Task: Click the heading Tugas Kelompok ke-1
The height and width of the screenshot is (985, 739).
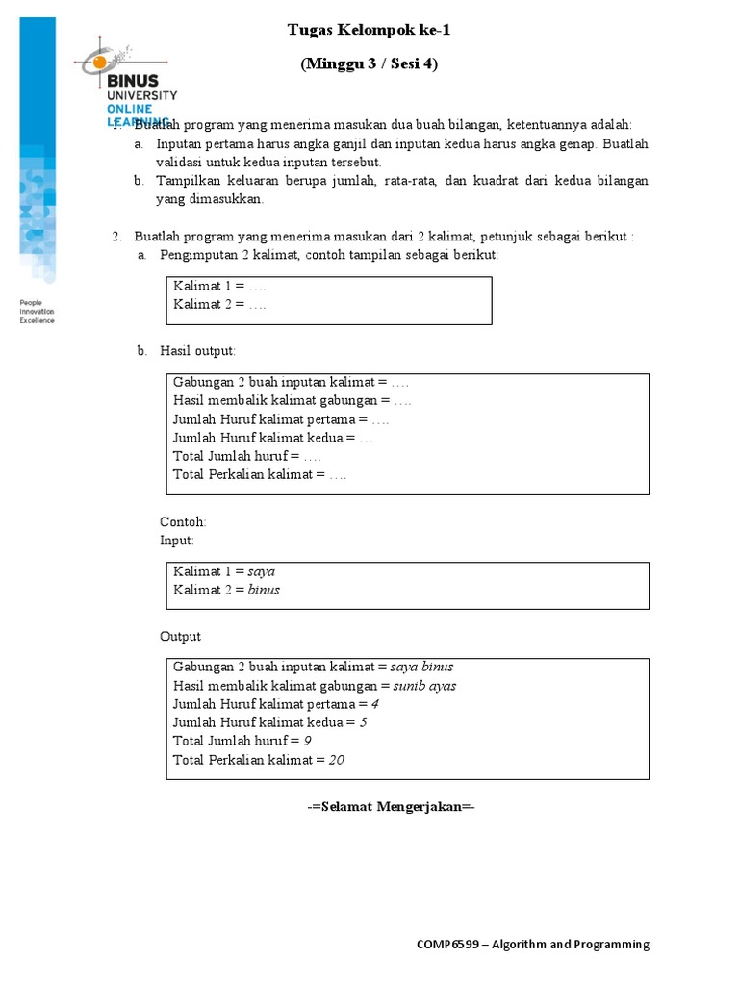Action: click(x=369, y=31)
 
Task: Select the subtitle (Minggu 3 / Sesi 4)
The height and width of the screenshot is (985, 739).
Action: click(x=369, y=64)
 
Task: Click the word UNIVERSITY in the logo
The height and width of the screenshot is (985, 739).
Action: click(x=141, y=95)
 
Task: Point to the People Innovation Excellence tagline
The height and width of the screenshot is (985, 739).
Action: click(x=38, y=312)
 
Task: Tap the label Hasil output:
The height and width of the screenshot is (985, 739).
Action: click(x=197, y=352)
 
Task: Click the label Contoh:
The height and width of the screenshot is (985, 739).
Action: click(x=183, y=522)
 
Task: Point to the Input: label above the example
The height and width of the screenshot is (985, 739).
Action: click(x=177, y=541)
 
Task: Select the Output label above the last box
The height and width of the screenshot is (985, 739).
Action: click(x=180, y=637)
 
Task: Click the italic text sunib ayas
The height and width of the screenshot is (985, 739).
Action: click(x=424, y=686)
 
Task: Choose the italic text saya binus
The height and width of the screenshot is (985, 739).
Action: click(x=421, y=667)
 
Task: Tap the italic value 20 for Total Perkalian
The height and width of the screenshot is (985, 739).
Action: click(x=336, y=760)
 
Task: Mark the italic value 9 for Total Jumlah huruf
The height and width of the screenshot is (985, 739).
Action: click(x=307, y=741)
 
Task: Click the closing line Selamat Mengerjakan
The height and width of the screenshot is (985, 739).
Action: click(x=391, y=807)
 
